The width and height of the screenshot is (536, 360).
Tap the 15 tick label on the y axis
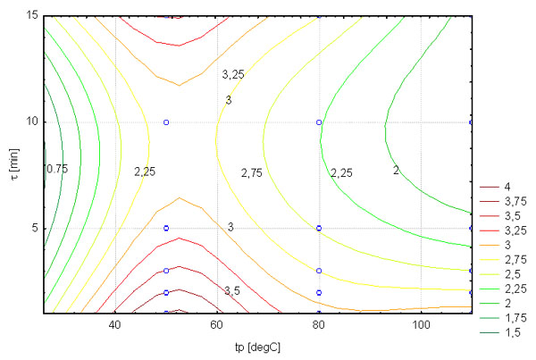pyautogui.click(x=30, y=16)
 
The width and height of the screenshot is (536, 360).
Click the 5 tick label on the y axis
pyautogui.click(x=33, y=228)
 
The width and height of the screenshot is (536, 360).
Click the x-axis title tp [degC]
pyautogui.click(x=257, y=345)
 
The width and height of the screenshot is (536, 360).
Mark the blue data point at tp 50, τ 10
pyautogui.click(x=166, y=122)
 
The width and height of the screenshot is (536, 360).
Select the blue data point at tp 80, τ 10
pyautogui.click(x=319, y=122)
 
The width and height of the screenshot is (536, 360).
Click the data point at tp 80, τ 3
pyautogui.click(x=319, y=271)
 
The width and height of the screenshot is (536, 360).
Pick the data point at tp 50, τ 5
pyautogui.click(x=166, y=228)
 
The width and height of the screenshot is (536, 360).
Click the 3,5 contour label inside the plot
pyautogui.click(x=232, y=291)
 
